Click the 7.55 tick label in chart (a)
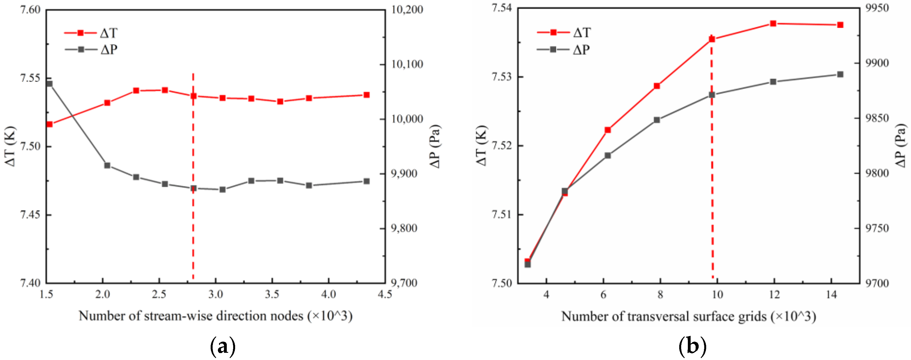coord(30,78)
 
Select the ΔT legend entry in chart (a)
coord(91,33)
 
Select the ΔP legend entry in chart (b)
coord(563,49)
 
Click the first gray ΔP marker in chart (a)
coord(49,84)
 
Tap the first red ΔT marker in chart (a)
coord(49,124)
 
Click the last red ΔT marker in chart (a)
coord(366,95)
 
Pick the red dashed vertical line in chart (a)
coord(193,212)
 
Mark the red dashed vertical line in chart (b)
coord(712,212)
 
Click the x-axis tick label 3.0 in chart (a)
coord(215,294)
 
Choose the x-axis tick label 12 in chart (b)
coord(774,294)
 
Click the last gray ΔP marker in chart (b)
coord(840,74)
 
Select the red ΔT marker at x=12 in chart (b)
coord(773,24)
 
